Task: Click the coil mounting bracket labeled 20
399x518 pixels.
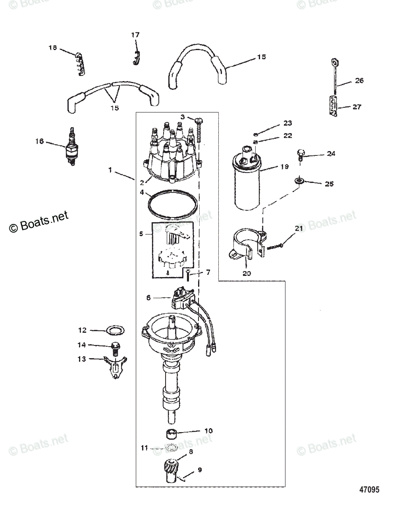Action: [x=247, y=248]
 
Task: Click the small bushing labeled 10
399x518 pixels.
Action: [x=173, y=433]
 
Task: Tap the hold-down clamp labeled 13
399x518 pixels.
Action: [x=114, y=365]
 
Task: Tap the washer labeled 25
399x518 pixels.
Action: [x=298, y=179]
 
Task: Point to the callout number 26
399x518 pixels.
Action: [x=359, y=81]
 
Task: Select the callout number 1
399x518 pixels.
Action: [x=110, y=171]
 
